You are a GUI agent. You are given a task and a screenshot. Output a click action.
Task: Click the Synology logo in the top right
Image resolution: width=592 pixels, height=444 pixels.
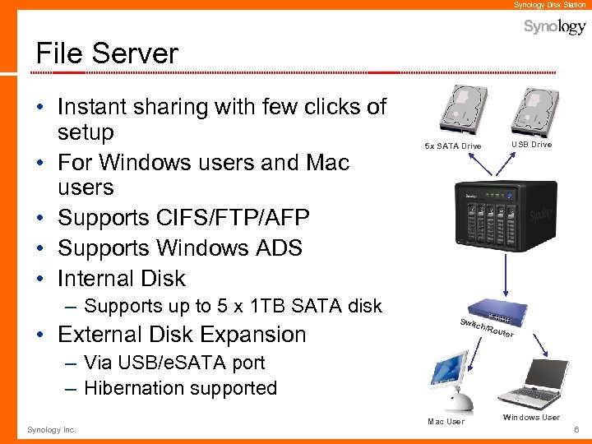(x=555, y=27)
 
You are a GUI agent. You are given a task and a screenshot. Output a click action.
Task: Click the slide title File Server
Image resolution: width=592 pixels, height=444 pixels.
(x=107, y=53)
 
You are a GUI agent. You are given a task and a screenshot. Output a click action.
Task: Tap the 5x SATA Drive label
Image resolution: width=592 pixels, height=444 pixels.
(x=453, y=146)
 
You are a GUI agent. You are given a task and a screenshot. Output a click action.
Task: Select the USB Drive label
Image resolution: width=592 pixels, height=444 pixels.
(x=532, y=145)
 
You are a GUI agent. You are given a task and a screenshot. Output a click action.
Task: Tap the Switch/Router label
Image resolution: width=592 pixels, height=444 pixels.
(x=486, y=326)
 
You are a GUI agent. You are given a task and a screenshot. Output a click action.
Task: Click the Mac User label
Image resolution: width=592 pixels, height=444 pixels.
(x=446, y=422)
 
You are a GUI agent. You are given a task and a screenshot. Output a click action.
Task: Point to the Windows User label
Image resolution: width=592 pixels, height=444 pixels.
(x=531, y=418)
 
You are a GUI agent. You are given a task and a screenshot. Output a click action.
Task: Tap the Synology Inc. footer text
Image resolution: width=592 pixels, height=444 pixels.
(x=52, y=430)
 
